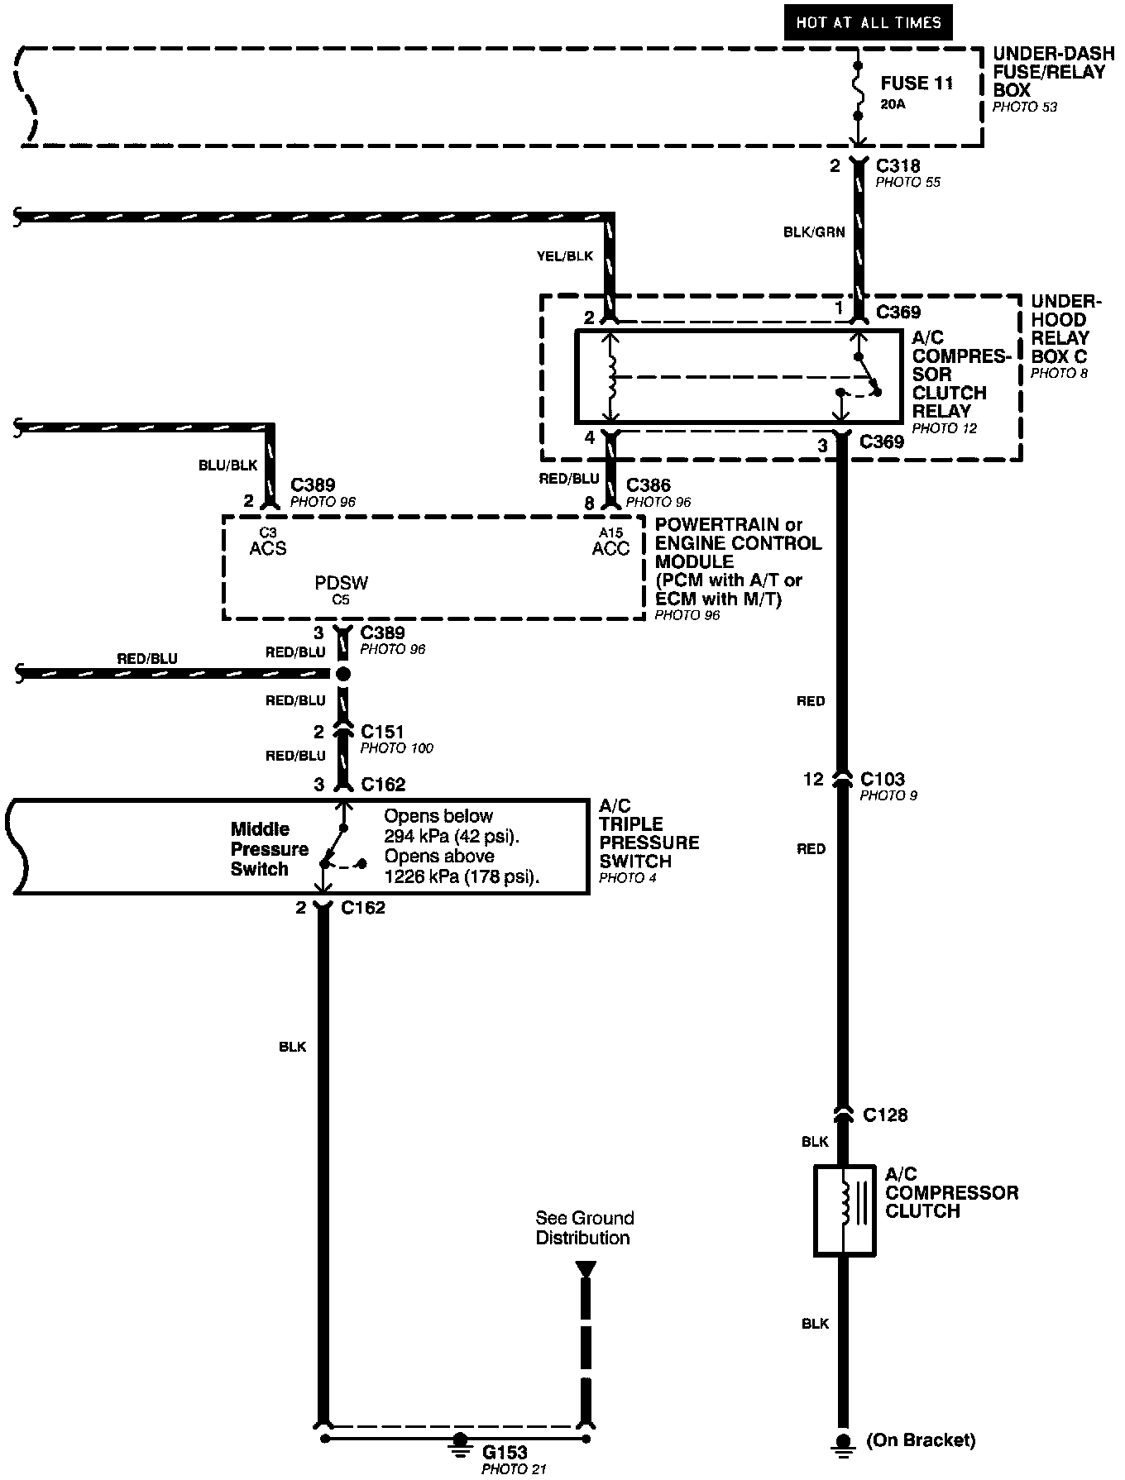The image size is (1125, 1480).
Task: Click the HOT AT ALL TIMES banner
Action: [868, 23]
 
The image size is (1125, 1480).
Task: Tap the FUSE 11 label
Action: [917, 84]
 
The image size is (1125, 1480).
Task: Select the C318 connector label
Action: [898, 166]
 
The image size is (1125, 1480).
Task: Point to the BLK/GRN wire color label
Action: [814, 232]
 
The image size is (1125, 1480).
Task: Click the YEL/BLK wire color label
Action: [565, 256]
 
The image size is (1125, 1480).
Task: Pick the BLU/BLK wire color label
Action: [227, 465]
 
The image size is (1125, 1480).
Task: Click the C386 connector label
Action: [649, 485]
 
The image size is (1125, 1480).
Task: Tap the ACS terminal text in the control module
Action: [267, 548]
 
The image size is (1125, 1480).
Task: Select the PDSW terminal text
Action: [341, 582]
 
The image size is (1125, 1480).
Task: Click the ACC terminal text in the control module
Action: [610, 548]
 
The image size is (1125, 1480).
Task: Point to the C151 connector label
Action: [382, 732]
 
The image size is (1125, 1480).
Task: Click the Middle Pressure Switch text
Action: [259, 849]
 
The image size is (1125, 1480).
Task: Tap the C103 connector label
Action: [883, 779]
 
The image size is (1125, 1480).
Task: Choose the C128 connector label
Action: [884, 1115]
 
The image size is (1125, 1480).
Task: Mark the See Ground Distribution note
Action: [584, 1228]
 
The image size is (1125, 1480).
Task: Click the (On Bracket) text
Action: [921, 1440]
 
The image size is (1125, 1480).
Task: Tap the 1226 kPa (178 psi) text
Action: [462, 877]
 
